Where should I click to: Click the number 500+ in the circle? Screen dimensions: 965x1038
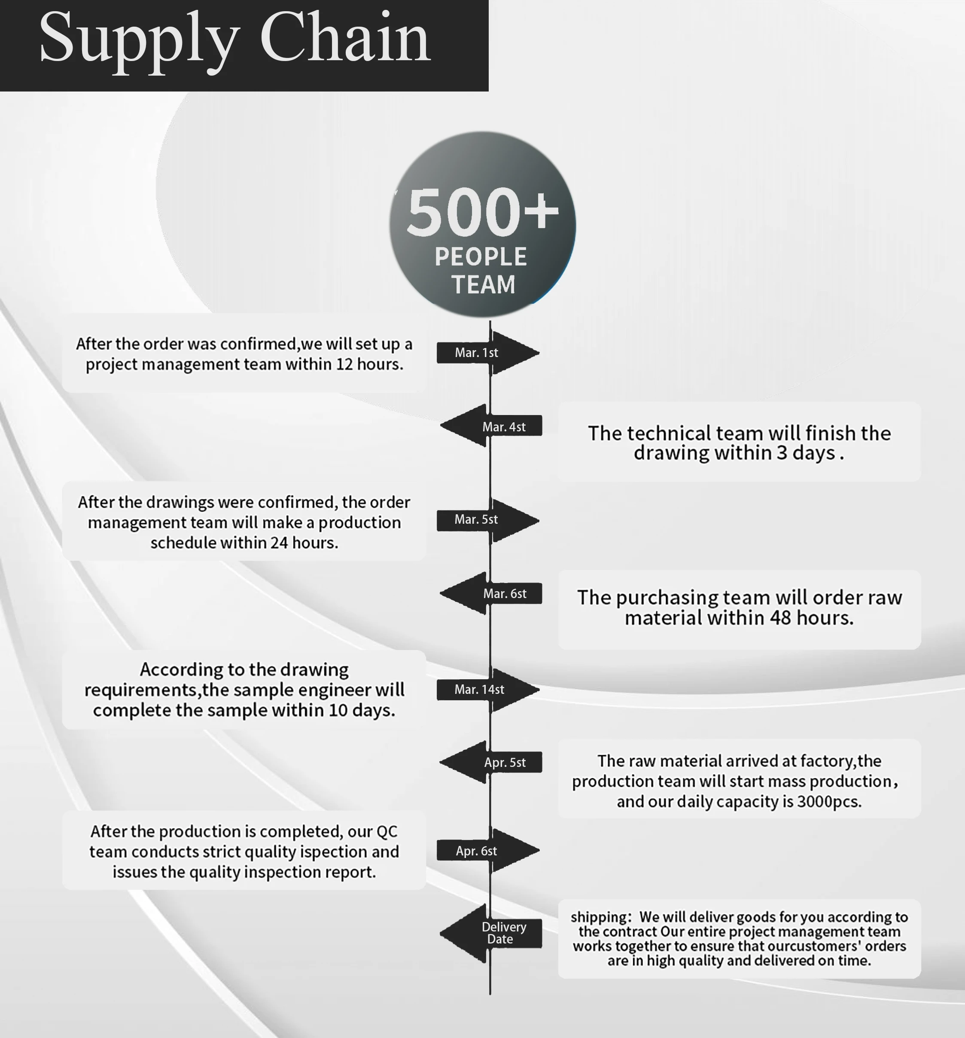click(x=482, y=212)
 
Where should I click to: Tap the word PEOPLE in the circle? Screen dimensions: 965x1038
click(x=481, y=257)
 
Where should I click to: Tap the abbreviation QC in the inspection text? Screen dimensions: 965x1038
click(x=387, y=831)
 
